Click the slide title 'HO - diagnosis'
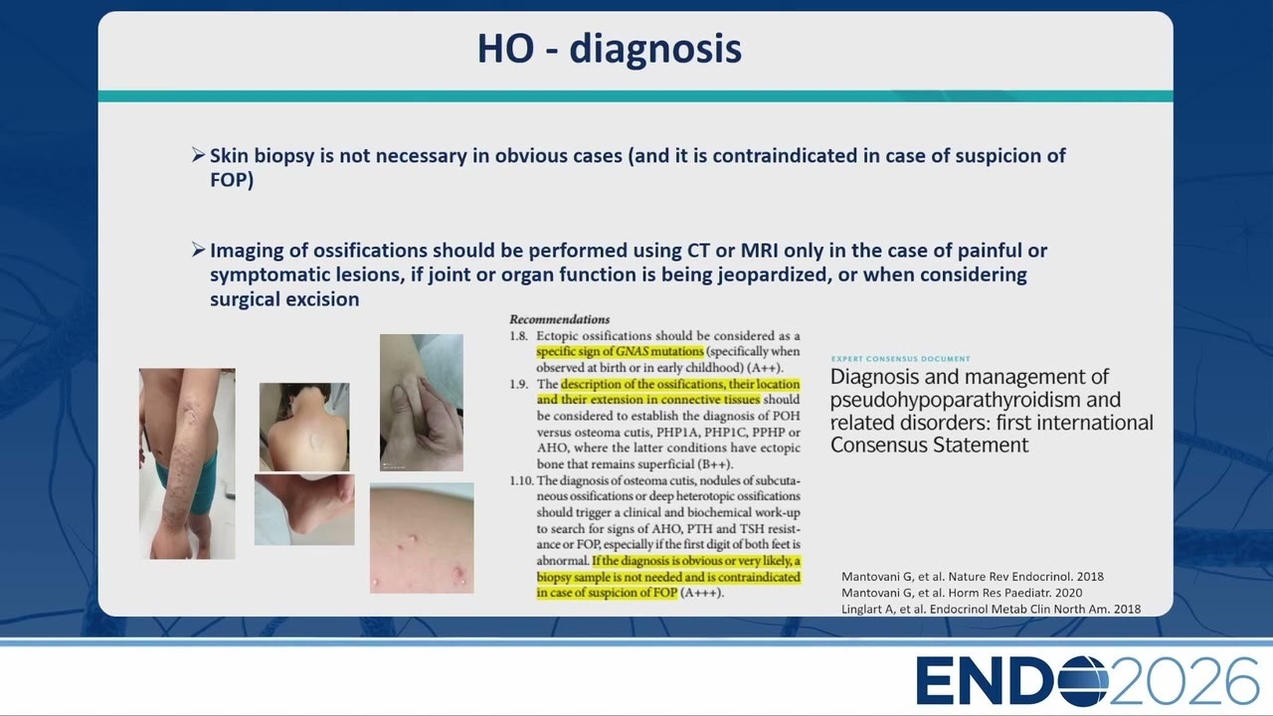pyautogui.click(x=610, y=50)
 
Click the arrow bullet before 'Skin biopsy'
pyautogui.click(x=198, y=154)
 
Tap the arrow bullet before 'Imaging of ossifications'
pyautogui.click(x=198, y=250)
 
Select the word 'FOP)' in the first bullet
pyautogui.click(x=232, y=180)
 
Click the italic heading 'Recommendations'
pyautogui.click(x=559, y=319)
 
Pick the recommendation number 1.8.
pyautogui.click(x=518, y=336)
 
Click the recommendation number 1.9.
pyautogui.click(x=518, y=384)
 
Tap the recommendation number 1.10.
pyautogui.click(x=521, y=480)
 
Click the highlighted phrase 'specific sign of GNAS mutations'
pyautogui.click(x=620, y=351)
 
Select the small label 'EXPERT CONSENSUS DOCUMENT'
pyautogui.click(x=901, y=359)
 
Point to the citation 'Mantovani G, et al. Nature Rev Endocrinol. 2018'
pyautogui.click(x=973, y=576)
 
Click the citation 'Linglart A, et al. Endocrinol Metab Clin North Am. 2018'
pyautogui.click(x=991, y=610)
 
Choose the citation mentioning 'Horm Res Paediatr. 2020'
pyautogui.click(x=962, y=593)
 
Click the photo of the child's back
pyautogui.click(x=304, y=427)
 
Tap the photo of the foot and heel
pyautogui.click(x=304, y=510)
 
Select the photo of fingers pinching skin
pyautogui.click(x=422, y=403)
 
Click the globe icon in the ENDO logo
pyautogui.click(x=1083, y=681)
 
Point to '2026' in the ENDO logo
pyautogui.click(x=1183, y=681)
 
